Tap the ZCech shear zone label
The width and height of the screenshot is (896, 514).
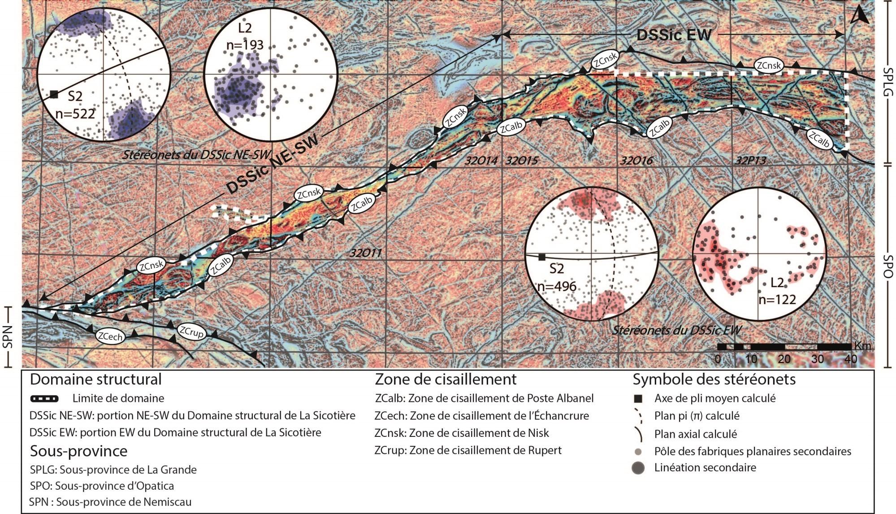click(110, 336)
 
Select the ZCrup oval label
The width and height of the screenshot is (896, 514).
click(192, 332)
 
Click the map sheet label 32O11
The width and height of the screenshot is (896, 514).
click(366, 253)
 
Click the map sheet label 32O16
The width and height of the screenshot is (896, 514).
click(636, 160)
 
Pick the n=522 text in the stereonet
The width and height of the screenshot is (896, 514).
click(75, 113)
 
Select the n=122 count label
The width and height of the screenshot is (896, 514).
click(777, 299)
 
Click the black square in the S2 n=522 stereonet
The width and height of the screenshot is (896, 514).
click(54, 94)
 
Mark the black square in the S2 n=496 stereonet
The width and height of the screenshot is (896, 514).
click(541, 257)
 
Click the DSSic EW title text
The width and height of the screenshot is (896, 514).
click(674, 35)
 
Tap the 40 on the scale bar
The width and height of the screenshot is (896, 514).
click(850, 359)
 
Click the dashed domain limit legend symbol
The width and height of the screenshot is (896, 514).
click(44, 398)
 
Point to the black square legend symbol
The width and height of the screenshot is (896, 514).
click(638, 399)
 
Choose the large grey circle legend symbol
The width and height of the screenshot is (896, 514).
click(638, 468)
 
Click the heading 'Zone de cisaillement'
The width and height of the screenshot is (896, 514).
click(446, 379)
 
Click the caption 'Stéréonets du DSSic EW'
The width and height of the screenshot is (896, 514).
click(676, 331)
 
